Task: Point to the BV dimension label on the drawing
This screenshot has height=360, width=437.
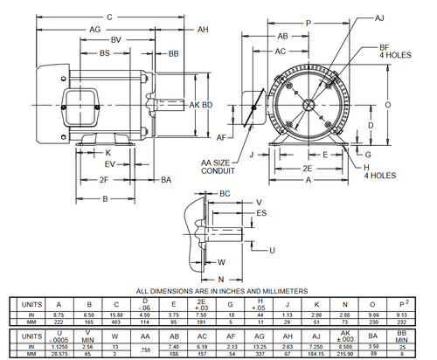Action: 116,41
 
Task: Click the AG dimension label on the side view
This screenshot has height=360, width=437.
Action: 69,29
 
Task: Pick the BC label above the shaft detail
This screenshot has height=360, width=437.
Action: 225,192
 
